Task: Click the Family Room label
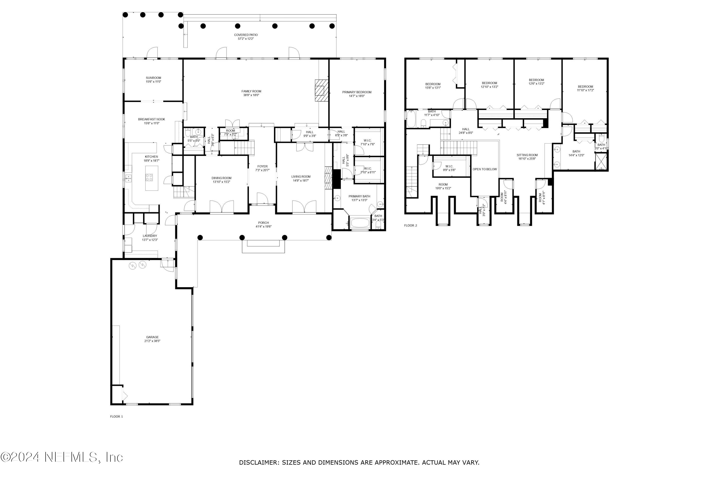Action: point(251,91)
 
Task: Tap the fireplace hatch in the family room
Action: point(320,91)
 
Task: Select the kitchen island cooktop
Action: point(149,177)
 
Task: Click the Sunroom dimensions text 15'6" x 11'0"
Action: point(153,82)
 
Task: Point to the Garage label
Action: point(152,337)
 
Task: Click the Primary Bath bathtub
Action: point(359,222)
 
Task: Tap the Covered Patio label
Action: point(246,35)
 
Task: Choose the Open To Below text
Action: point(485,169)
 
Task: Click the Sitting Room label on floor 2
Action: point(527,155)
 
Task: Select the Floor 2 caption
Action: point(411,225)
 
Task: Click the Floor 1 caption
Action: point(116,416)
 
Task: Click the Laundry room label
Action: point(150,236)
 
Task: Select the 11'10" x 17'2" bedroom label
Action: point(586,88)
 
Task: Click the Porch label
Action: point(263,223)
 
